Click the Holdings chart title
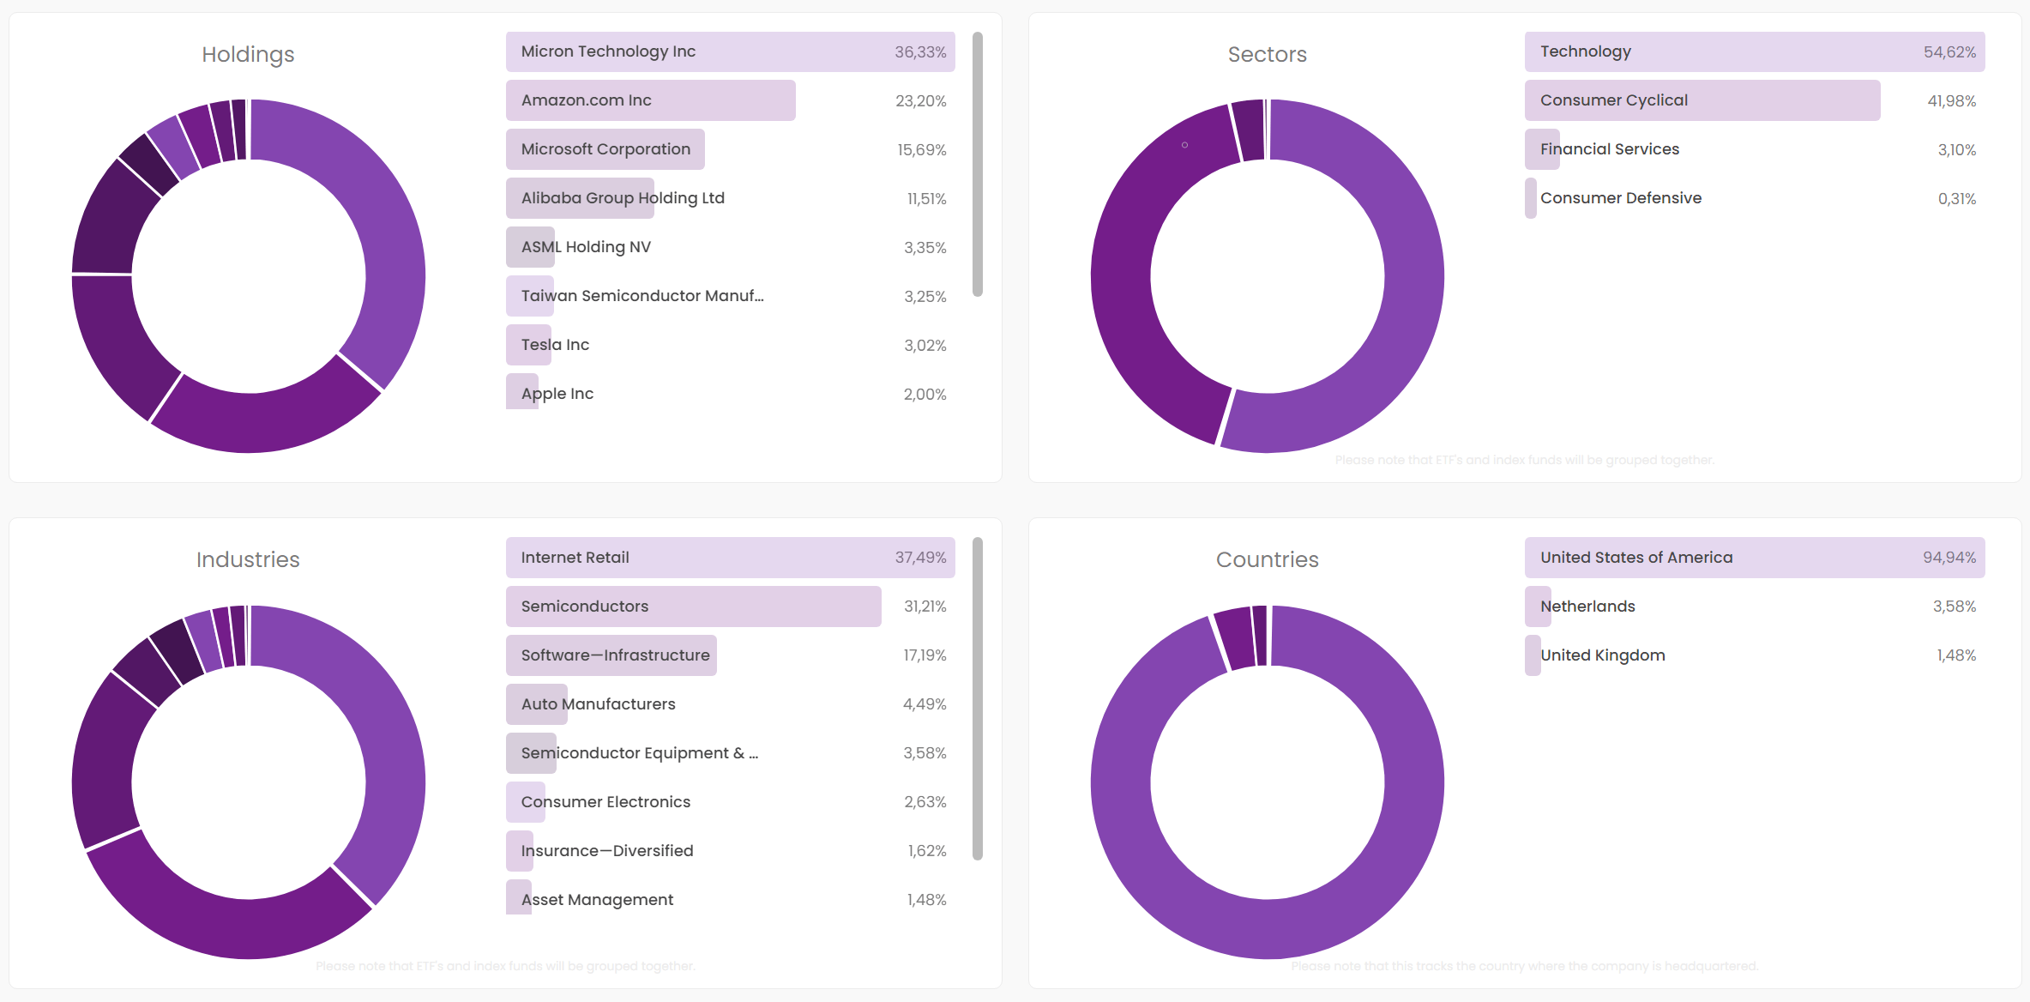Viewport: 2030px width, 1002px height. coord(248,54)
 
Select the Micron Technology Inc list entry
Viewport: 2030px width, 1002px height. coord(608,51)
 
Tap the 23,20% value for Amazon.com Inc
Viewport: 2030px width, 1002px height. coord(920,101)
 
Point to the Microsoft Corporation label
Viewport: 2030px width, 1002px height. coord(605,149)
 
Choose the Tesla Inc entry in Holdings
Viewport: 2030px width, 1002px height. coord(555,345)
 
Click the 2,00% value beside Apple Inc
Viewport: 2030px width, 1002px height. coord(925,395)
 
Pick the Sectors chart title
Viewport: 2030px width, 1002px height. coord(1267,54)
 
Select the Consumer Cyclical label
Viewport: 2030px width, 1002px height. coord(1613,100)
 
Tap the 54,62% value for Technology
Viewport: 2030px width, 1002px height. coord(1949,52)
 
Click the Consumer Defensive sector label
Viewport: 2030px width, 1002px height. coord(1620,198)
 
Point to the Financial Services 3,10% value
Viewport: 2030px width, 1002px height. coord(1956,150)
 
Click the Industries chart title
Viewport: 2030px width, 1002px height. coord(248,559)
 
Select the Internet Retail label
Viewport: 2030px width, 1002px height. coord(575,558)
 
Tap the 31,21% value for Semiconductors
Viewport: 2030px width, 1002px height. coord(925,607)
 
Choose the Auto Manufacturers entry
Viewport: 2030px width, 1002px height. coord(598,704)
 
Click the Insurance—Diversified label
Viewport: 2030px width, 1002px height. coord(607,851)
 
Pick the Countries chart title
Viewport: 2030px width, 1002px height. coord(1267,559)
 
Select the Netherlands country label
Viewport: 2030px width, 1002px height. coord(1587,607)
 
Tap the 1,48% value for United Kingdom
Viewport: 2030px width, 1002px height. coord(1955,655)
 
